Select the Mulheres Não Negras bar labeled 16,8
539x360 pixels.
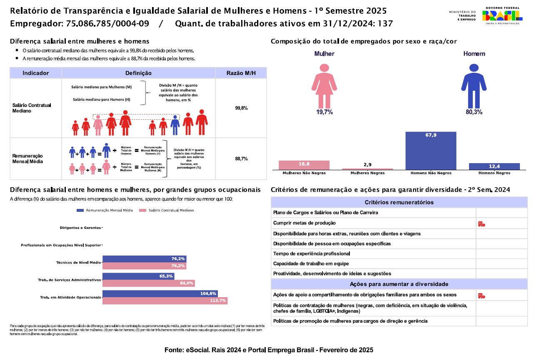[304, 165]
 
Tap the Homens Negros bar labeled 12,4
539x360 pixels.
[494, 166]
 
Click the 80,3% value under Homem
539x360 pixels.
[474, 112]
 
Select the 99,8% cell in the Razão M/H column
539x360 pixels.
[241, 108]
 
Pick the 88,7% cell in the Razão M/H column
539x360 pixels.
[241, 159]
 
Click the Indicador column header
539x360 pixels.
[36, 73]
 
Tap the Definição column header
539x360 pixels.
[138, 73]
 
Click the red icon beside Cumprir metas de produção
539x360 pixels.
[482, 224]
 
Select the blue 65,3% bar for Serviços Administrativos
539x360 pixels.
[138, 276]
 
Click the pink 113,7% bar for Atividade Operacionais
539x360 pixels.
[165, 300]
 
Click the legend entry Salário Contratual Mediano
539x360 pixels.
[167, 211]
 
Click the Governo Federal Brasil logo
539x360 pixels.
[502, 16]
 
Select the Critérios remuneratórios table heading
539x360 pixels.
[399, 202]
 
